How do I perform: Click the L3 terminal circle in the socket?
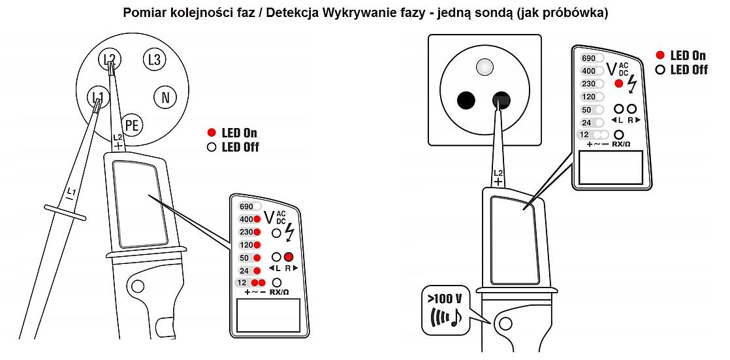[x=154, y=59]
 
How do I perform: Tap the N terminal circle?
[x=165, y=97]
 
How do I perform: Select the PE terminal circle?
[x=132, y=125]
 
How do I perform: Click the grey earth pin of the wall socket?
[x=484, y=67]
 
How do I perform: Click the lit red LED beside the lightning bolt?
[x=618, y=84]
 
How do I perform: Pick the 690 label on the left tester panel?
[x=246, y=206]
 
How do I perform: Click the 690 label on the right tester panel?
[x=588, y=58]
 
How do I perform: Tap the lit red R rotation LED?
[x=289, y=257]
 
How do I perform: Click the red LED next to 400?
[x=257, y=220]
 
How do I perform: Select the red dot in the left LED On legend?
[x=212, y=133]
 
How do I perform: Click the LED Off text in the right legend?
[x=689, y=70]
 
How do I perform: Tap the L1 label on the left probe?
[x=71, y=191]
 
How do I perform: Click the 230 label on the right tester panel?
[x=588, y=84]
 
